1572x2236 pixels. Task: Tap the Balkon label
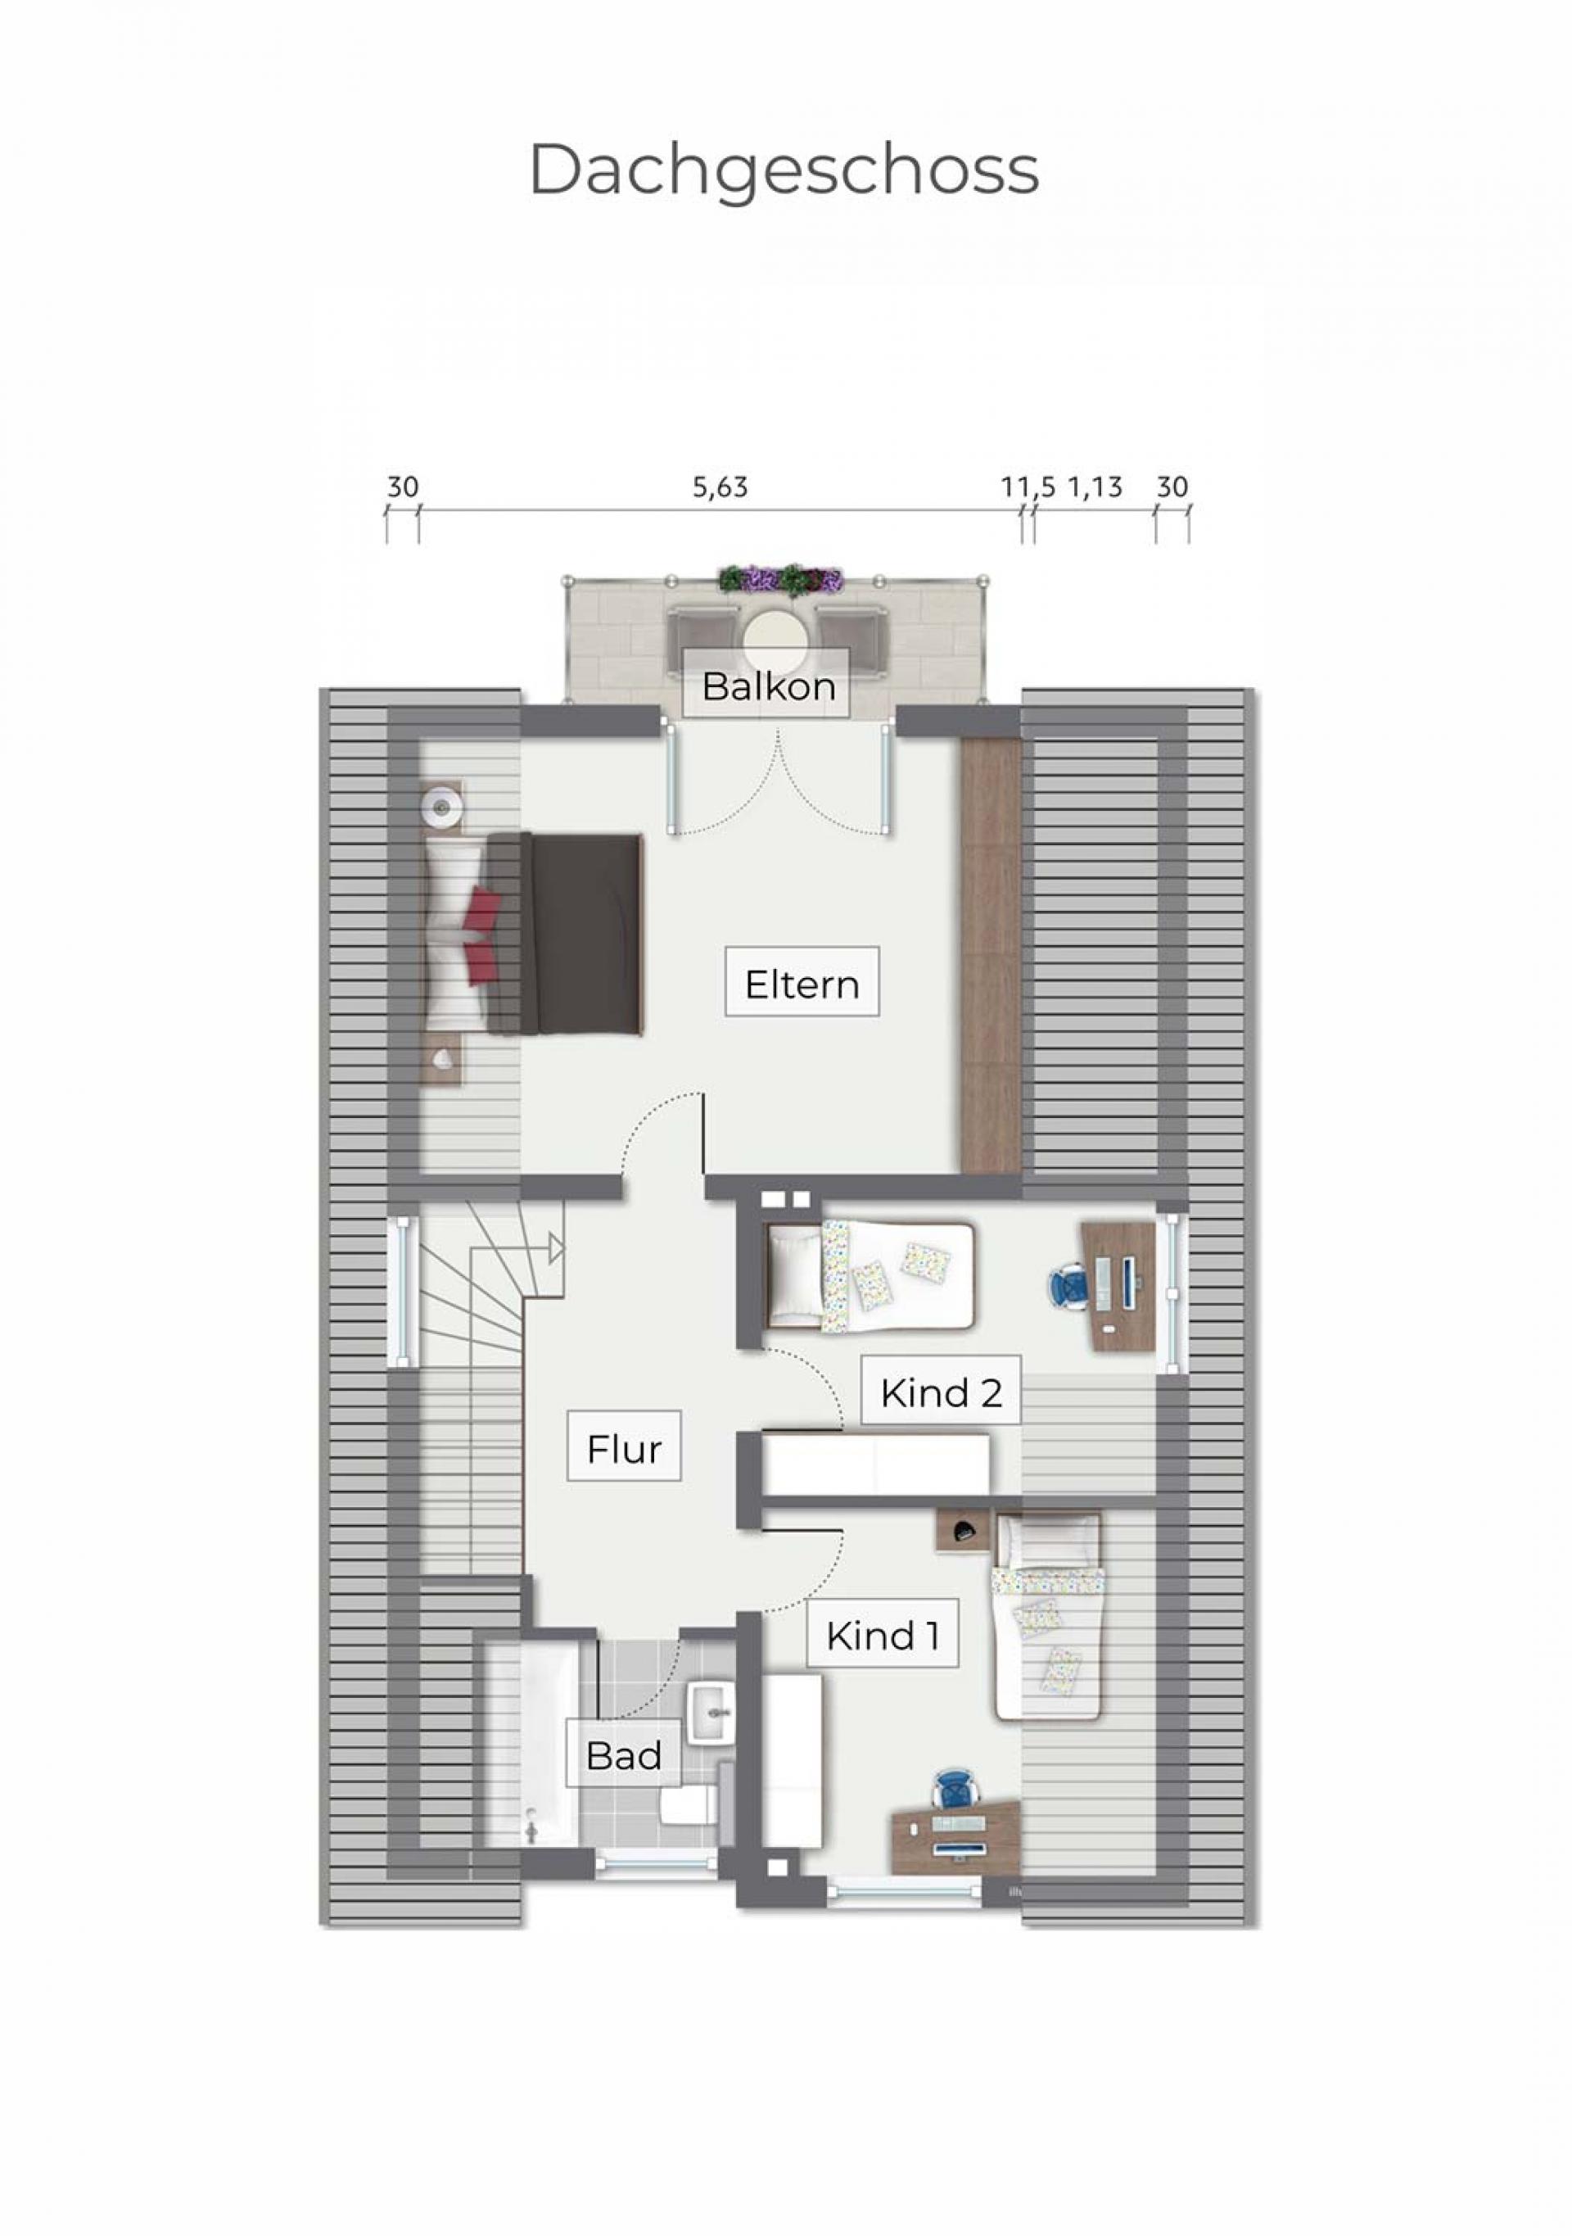[768, 686]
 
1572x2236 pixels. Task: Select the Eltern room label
[802, 984]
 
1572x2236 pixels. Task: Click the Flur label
[624, 1449]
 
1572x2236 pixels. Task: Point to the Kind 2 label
[940, 1392]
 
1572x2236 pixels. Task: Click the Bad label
[624, 1755]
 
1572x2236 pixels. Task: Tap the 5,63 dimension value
[720, 487]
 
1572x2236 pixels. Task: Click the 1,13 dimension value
[1096, 487]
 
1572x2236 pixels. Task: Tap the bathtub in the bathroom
[531, 1745]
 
